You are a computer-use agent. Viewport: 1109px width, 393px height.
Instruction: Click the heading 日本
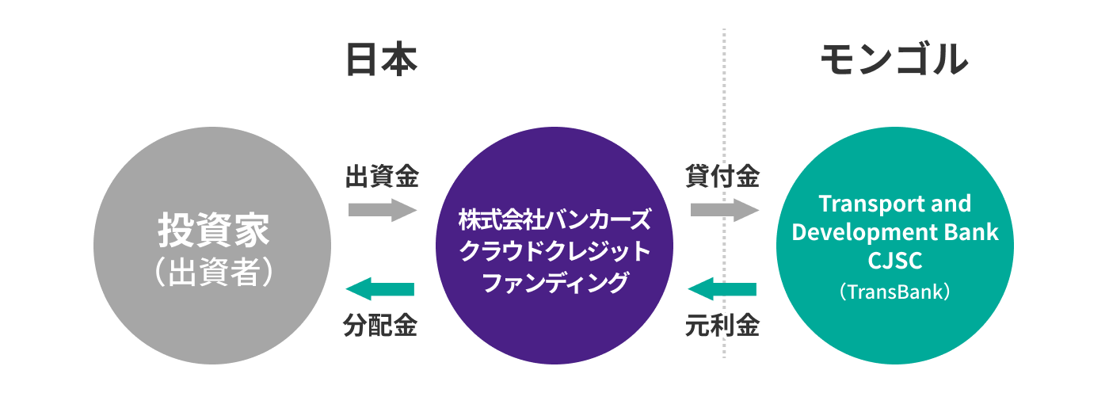click(381, 59)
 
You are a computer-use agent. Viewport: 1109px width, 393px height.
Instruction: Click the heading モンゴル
click(894, 59)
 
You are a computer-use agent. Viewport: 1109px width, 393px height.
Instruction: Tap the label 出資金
click(382, 176)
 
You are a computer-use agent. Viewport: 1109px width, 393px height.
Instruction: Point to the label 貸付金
click(722, 176)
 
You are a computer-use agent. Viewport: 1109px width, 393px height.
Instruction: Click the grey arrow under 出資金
click(382, 210)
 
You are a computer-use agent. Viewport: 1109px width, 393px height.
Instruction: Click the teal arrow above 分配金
click(382, 289)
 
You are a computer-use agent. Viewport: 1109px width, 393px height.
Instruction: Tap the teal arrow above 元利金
click(722, 289)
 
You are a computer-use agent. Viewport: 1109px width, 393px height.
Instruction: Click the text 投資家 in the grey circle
click(213, 231)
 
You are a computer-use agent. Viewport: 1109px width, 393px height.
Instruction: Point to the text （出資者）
click(213, 272)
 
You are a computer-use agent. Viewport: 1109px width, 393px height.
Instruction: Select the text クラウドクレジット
click(554, 250)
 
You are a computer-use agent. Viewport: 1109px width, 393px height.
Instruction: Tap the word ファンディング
click(554, 282)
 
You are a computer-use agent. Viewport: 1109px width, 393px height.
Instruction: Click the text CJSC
click(894, 261)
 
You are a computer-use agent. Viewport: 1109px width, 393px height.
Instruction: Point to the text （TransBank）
click(894, 292)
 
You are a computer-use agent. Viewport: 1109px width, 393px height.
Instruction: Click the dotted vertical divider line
click(724, 119)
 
